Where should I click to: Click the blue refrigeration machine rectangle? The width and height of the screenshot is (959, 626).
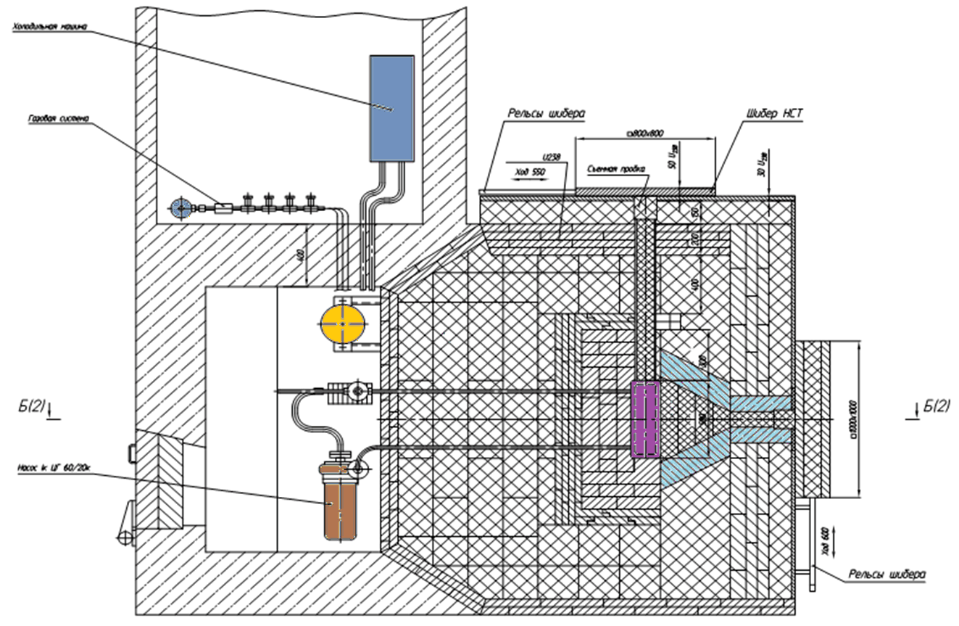coord(391,107)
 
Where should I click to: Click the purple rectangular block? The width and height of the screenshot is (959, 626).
coord(645,420)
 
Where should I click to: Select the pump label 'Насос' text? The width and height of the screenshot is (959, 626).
coord(53,467)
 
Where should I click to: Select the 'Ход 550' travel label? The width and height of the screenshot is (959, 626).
coord(529,172)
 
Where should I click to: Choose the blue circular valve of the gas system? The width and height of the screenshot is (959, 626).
coord(180,209)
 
